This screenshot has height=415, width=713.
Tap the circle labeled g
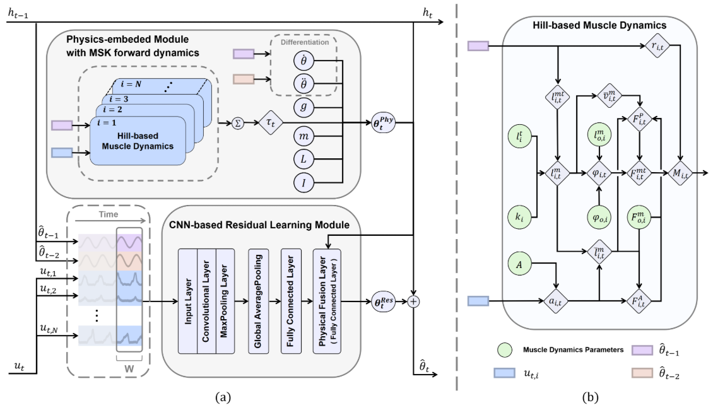(303, 107)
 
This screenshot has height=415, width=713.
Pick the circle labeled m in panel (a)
(303, 137)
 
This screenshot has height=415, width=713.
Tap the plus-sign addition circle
(413, 301)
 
